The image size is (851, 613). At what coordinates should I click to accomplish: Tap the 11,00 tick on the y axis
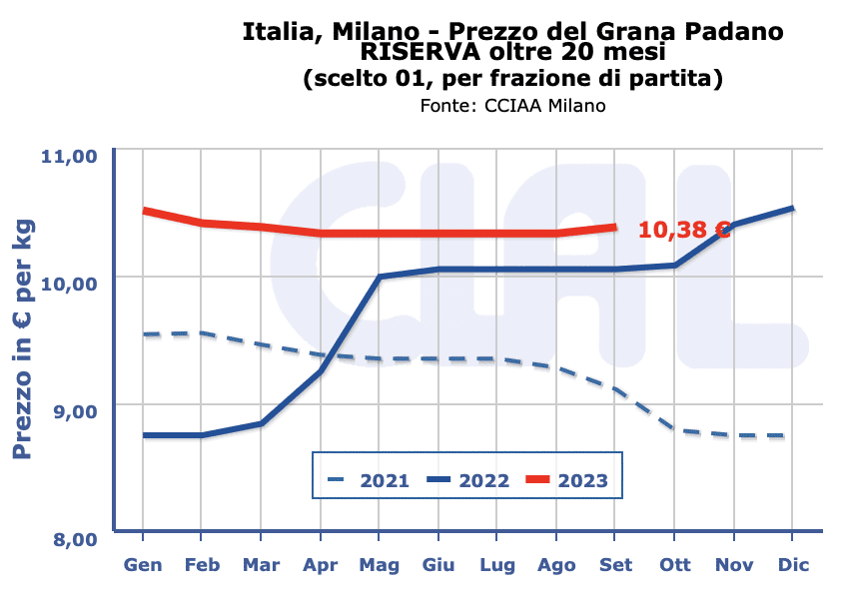point(67,157)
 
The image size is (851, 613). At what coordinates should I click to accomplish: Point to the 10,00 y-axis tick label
point(67,284)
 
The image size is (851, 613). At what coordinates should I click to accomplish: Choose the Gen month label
point(143,565)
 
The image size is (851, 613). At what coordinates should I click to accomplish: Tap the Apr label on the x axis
point(320,565)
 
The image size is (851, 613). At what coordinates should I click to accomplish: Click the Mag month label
point(379,565)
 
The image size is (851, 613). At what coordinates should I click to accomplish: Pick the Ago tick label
point(556,565)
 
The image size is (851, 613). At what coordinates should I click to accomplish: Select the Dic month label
point(792,565)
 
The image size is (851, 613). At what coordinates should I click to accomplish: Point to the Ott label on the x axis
point(674,565)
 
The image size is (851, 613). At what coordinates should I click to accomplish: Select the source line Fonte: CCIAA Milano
point(512,106)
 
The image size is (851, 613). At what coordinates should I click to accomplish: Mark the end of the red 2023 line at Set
point(615,227)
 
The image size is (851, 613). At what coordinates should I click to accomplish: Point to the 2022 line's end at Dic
point(792,208)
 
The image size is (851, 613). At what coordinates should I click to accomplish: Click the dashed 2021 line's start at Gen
point(144,334)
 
